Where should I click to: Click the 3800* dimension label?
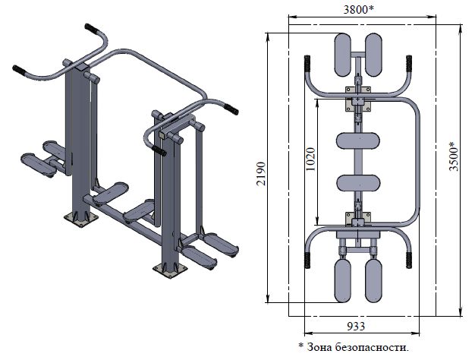[358, 10]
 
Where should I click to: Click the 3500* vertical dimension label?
[454, 156]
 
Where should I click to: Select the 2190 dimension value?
[261, 174]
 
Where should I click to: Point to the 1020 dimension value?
[311, 159]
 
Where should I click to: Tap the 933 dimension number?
[356, 327]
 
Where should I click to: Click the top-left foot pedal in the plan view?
[343, 55]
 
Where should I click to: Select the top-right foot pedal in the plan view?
[373, 55]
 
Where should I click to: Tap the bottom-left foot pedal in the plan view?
[343, 280]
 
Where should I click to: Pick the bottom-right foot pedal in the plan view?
[373, 280]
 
